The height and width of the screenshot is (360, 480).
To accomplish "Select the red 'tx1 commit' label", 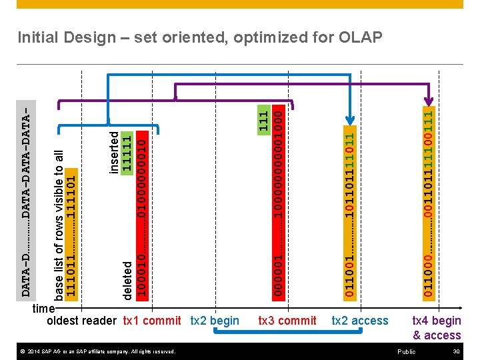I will point(152,321).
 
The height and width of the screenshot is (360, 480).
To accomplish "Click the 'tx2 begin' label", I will point(215,321).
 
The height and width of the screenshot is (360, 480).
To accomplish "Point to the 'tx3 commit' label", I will point(287,321).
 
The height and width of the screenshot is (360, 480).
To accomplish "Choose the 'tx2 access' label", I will point(360,321).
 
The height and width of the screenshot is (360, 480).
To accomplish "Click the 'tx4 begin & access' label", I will point(437,328).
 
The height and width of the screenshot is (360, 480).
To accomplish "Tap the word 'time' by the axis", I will point(43,309).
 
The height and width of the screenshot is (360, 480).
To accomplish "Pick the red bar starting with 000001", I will point(279,200).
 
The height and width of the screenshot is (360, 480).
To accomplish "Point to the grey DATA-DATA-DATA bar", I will point(25,200).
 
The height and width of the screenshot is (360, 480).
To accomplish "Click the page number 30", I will point(457,351).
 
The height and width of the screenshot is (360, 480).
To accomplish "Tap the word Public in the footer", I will point(406,351).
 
